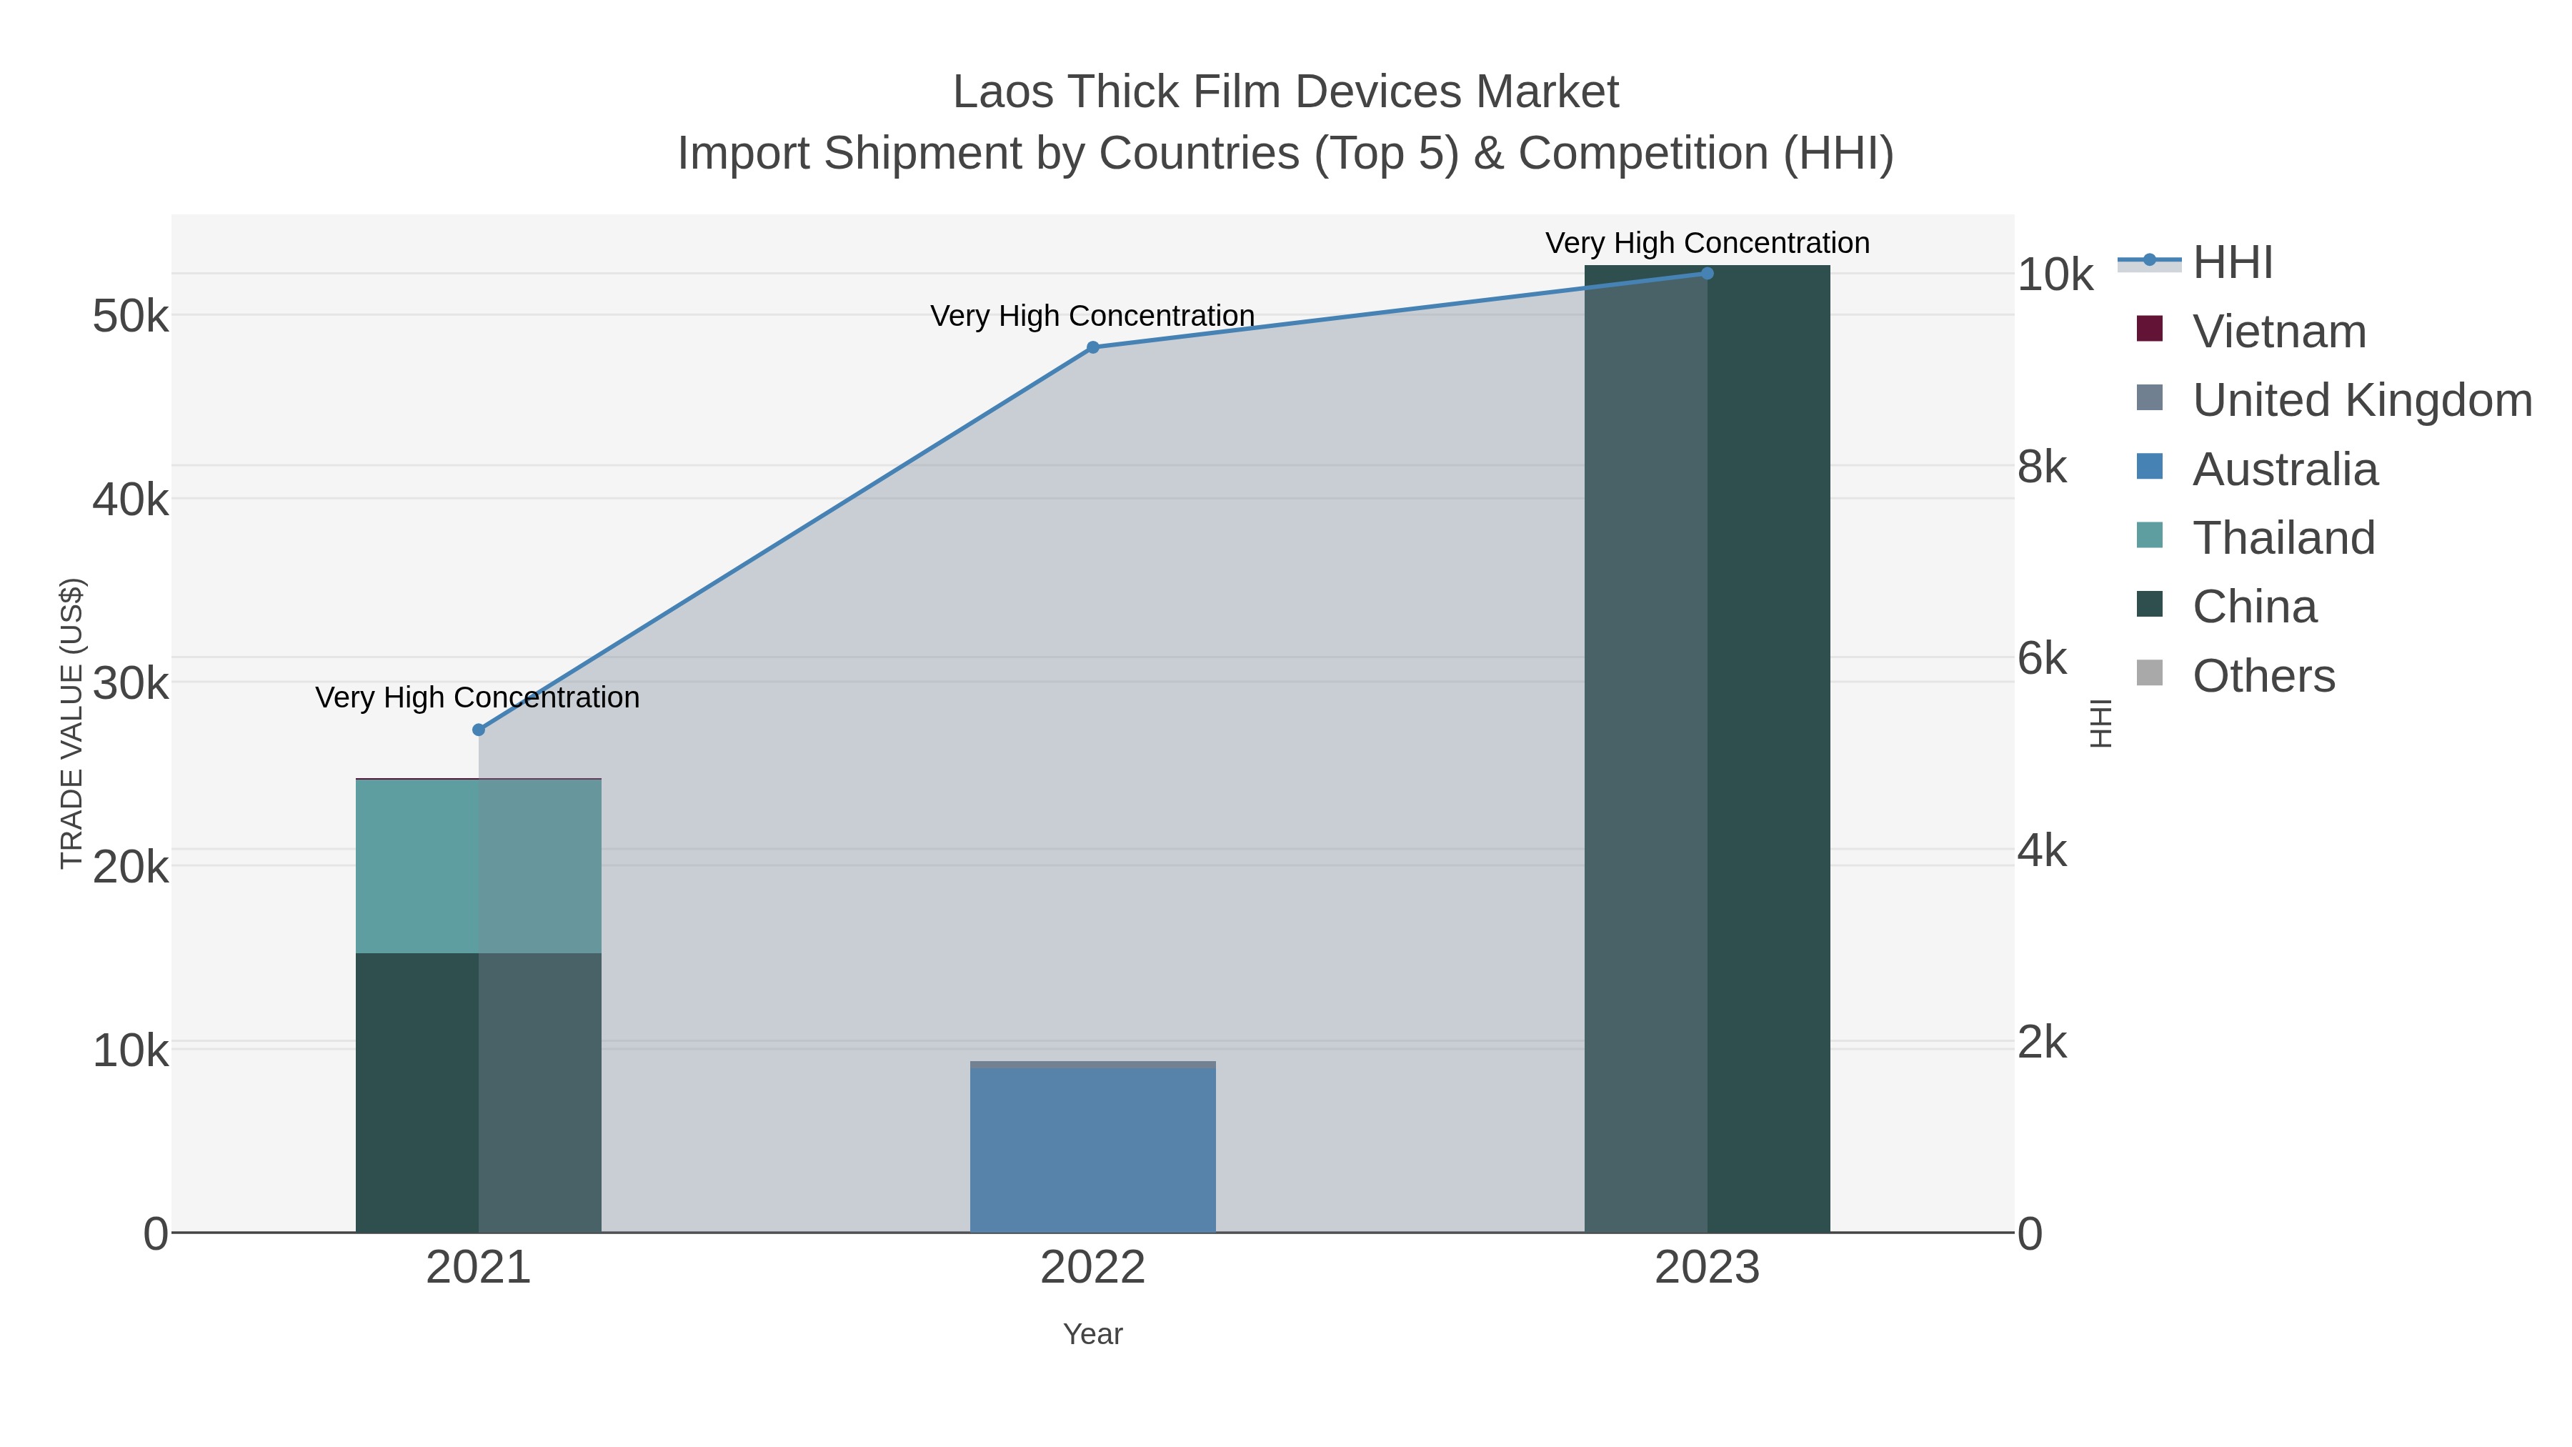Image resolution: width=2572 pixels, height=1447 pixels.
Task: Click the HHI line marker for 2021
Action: [478, 730]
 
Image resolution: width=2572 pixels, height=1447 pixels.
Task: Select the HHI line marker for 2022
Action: [1092, 347]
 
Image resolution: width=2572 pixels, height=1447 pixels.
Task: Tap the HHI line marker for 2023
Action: [1706, 274]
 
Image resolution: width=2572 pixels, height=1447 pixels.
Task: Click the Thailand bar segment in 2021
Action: [478, 866]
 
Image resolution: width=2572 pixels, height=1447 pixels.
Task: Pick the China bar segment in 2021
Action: [478, 1093]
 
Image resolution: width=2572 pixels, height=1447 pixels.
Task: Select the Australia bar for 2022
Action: [1092, 1150]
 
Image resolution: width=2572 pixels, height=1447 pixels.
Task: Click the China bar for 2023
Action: [1706, 749]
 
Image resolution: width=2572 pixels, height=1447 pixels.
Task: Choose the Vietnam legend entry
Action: [2278, 332]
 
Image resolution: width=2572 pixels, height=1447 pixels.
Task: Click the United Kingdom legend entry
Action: [2361, 400]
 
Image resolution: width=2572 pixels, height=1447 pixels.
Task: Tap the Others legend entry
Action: [2263, 676]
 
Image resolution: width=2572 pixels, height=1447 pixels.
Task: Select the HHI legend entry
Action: [2233, 263]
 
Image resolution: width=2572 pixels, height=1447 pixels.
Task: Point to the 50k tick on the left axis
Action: [130, 317]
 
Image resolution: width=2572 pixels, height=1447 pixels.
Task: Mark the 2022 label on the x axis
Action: [1092, 1268]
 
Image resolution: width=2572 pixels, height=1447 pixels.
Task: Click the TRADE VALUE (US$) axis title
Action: [72, 723]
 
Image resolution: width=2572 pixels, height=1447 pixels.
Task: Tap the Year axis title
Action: [1092, 1334]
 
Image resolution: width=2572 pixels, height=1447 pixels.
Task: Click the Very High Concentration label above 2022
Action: [1092, 316]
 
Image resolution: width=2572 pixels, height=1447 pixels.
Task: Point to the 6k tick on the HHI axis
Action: [2042, 659]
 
